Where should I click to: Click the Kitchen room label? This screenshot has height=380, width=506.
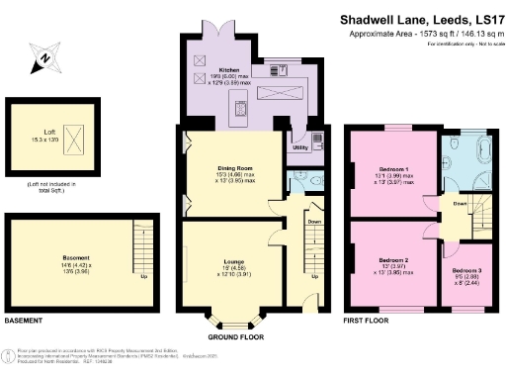click(x=202, y=70)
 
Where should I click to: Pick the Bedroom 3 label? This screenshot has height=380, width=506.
click(x=467, y=269)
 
